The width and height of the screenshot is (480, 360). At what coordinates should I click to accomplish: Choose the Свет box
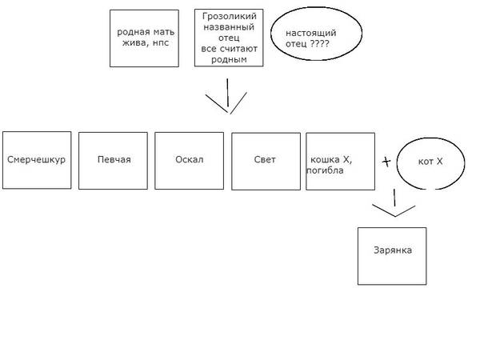pyautogui.click(x=266, y=160)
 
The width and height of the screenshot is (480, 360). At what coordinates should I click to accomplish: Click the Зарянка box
pyautogui.click(x=392, y=255)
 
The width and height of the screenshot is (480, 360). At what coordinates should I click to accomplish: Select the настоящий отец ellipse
pyautogui.click(x=306, y=38)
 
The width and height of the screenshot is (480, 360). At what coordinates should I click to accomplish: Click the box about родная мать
pyautogui.click(x=144, y=38)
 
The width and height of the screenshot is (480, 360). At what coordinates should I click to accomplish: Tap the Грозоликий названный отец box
pyautogui.click(x=228, y=37)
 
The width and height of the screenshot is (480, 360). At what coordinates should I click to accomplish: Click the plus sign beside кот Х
pyautogui.click(x=386, y=162)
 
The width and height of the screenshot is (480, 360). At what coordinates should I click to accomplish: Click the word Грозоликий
pyautogui.click(x=228, y=15)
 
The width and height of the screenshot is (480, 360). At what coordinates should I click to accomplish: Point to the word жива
pyautogui.click(x=133, y=43)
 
